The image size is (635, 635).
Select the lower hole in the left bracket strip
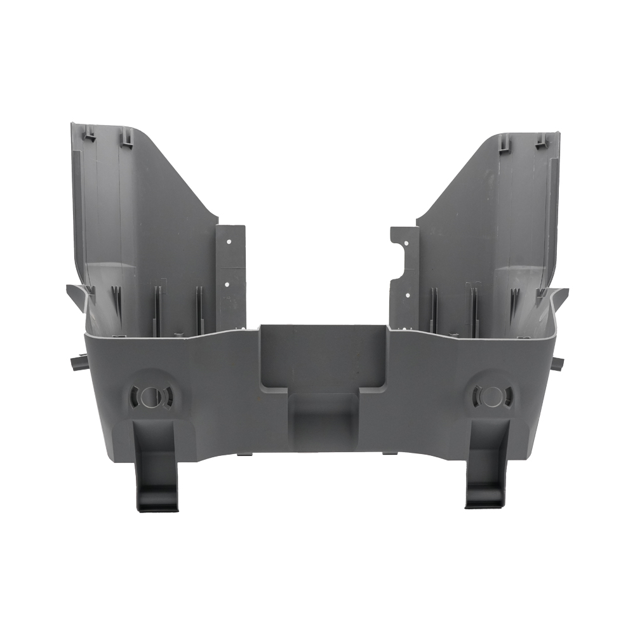[x=227, y=284]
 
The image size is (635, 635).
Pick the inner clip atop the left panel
[x=128, y=136]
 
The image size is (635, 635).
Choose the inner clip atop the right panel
[x=505, y=142]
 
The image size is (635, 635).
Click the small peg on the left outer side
[x=74, y=364]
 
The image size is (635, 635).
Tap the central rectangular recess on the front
[x=323, y=356]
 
